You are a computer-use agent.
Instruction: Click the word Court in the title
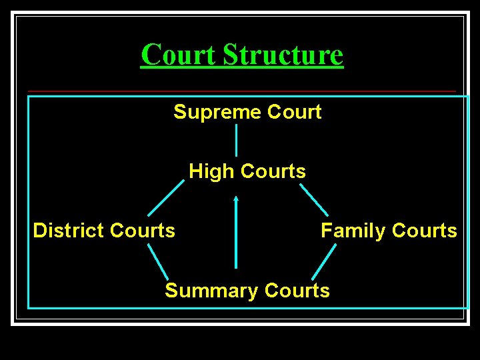click(179, 55)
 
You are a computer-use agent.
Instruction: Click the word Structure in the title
click(283, 55)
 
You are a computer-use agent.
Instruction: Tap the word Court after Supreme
click(294, 112)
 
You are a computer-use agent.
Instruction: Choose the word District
click(69, 231)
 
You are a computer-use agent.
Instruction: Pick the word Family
click(353, 231)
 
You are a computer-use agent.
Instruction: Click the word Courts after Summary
click(297, 291)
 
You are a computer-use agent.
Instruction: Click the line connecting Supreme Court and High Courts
click(236, 140)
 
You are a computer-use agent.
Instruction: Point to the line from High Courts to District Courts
click(165, 198)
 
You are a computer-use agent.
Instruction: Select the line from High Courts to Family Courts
click(314, 199)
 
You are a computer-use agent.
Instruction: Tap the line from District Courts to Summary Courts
click(157, 261)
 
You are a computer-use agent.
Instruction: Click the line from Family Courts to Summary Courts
click(324, 261)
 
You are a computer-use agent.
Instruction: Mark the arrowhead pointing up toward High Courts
click(236, 198)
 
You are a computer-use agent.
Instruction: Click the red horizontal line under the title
click(242, 91)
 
